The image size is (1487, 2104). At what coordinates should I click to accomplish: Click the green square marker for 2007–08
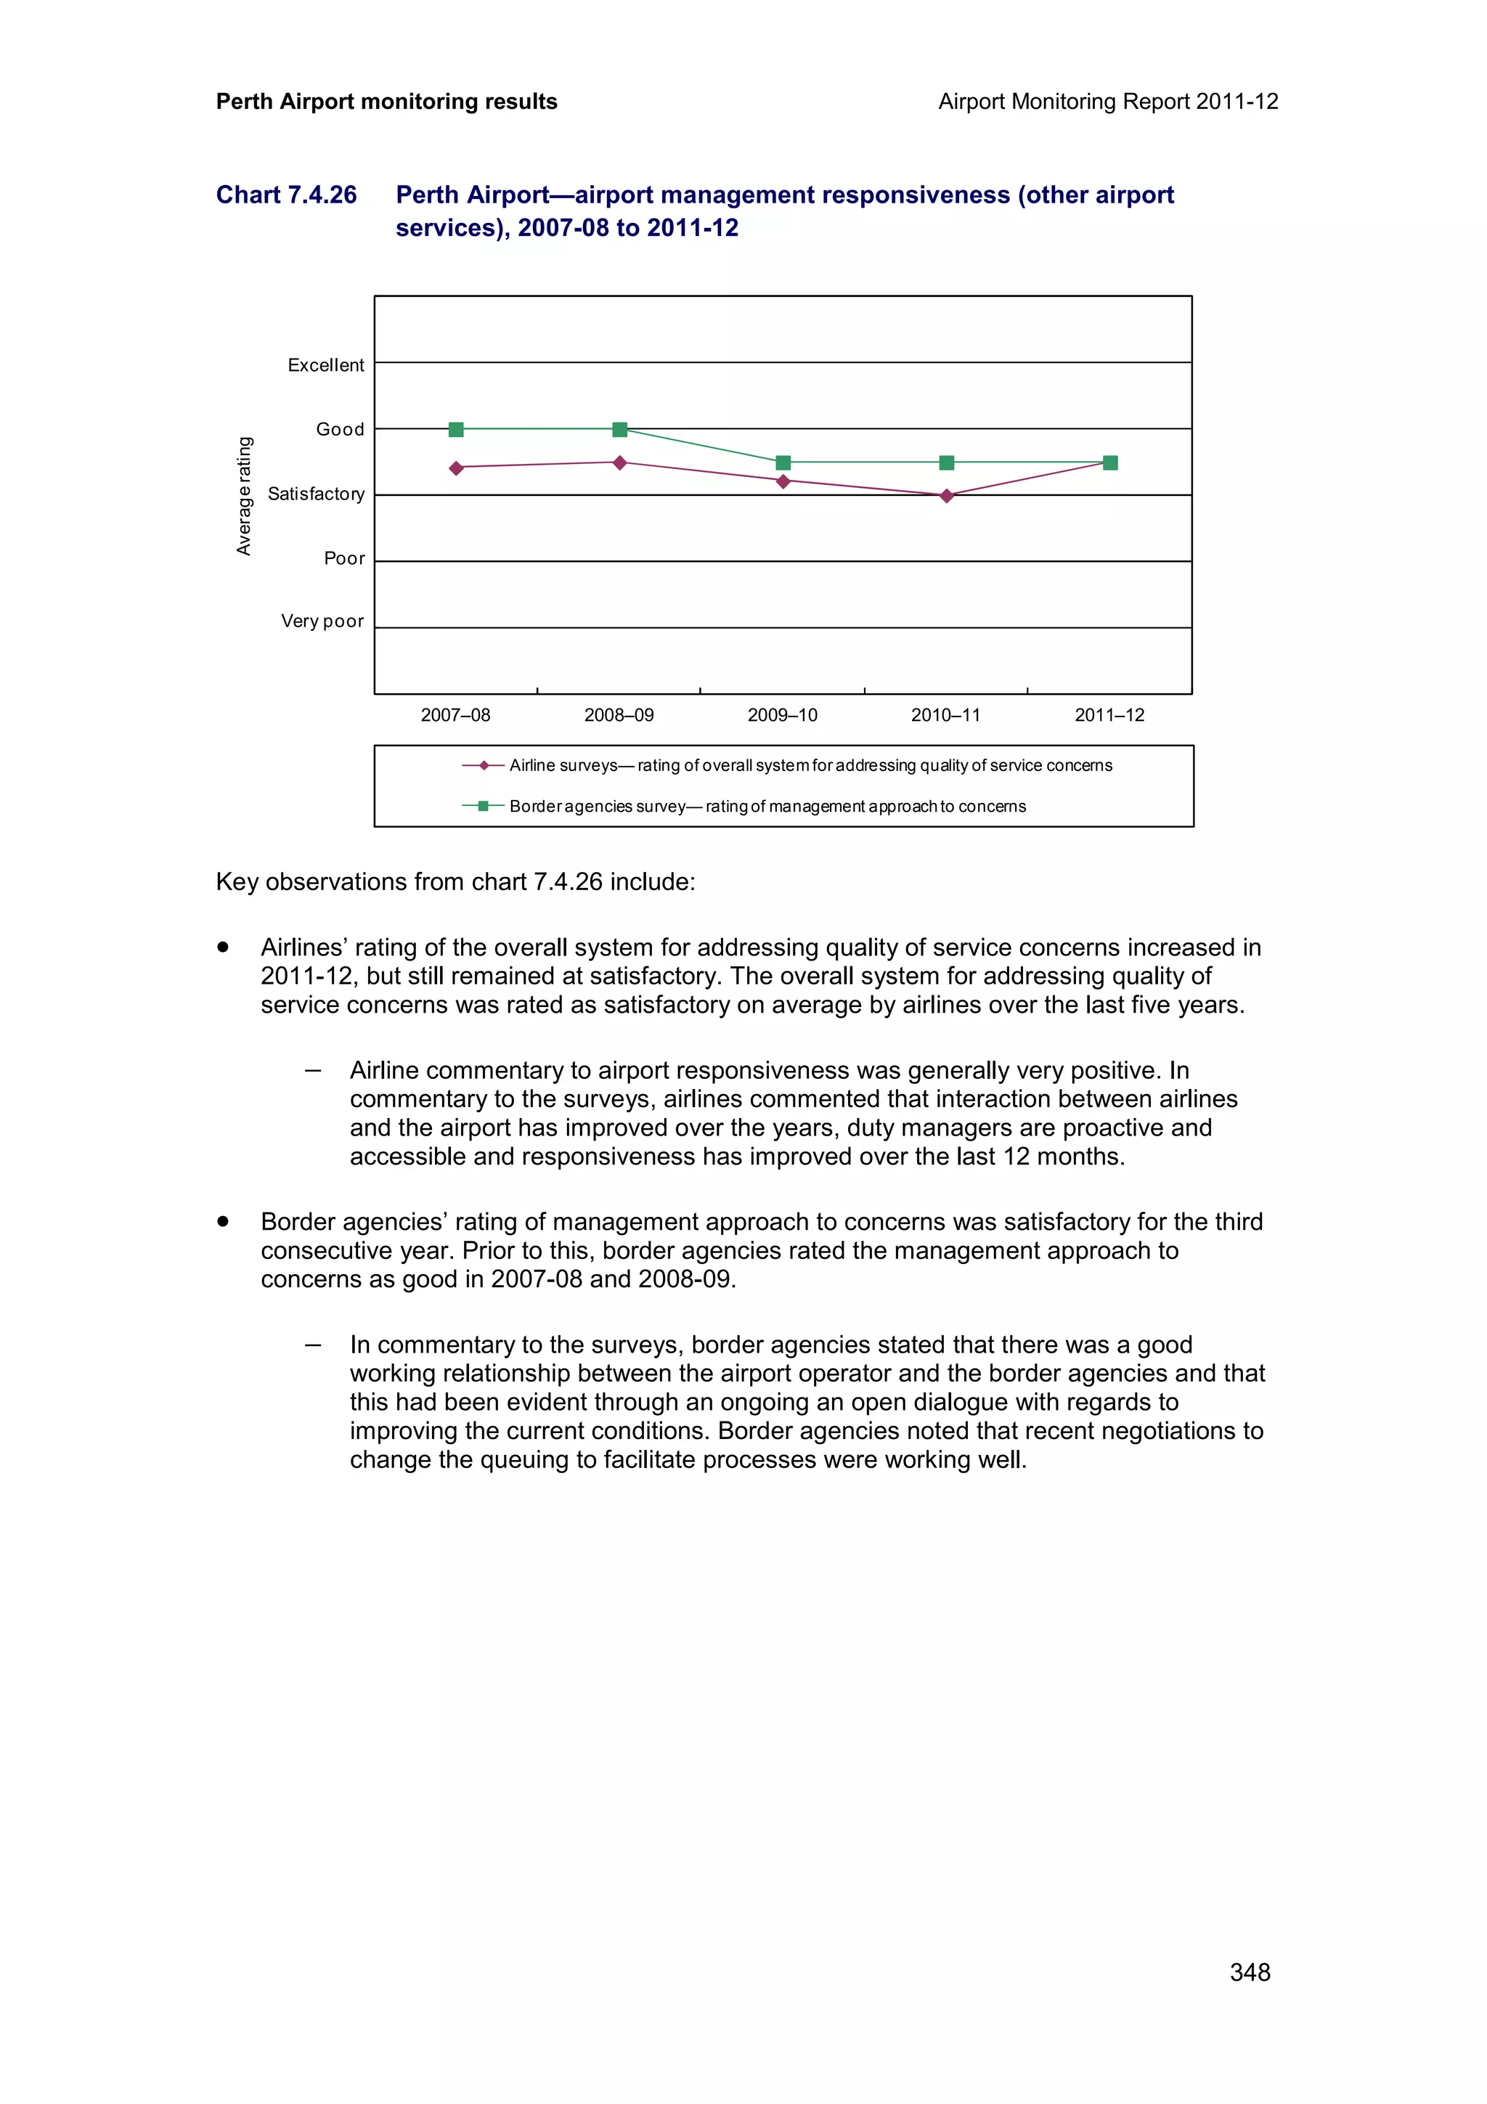pos(456,430)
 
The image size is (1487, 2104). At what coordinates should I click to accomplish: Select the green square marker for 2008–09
pos(619,430)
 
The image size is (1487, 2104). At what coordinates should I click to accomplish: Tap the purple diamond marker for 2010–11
pos(947,496)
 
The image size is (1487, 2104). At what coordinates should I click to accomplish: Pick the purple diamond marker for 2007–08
pos(456,468)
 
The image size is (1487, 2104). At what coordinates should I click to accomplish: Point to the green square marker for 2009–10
pos(783,462)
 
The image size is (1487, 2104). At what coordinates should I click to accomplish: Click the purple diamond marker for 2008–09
pos(619,462)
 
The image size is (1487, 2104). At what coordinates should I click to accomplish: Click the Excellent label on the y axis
pos(325,364)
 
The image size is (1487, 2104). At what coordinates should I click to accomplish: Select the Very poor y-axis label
pos(322,621)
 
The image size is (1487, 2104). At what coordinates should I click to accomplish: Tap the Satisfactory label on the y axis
pos(315,494)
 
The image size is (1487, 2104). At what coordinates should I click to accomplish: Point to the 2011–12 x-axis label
pos(1109,716)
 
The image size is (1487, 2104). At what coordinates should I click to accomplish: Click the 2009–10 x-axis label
pos(783,716)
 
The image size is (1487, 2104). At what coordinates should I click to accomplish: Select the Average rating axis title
pos(244,496)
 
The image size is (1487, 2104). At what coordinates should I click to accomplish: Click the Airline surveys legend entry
pos(810,765)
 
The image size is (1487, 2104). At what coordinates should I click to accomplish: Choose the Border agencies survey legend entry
pos(767,807)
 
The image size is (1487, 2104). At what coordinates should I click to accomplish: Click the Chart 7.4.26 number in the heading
pos(286,195)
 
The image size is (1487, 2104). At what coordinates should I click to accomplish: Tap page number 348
pos(1249,1972)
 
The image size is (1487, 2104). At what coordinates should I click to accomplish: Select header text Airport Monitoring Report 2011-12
pos(1108,102)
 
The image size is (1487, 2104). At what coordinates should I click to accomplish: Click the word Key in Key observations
pos(237,881)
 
